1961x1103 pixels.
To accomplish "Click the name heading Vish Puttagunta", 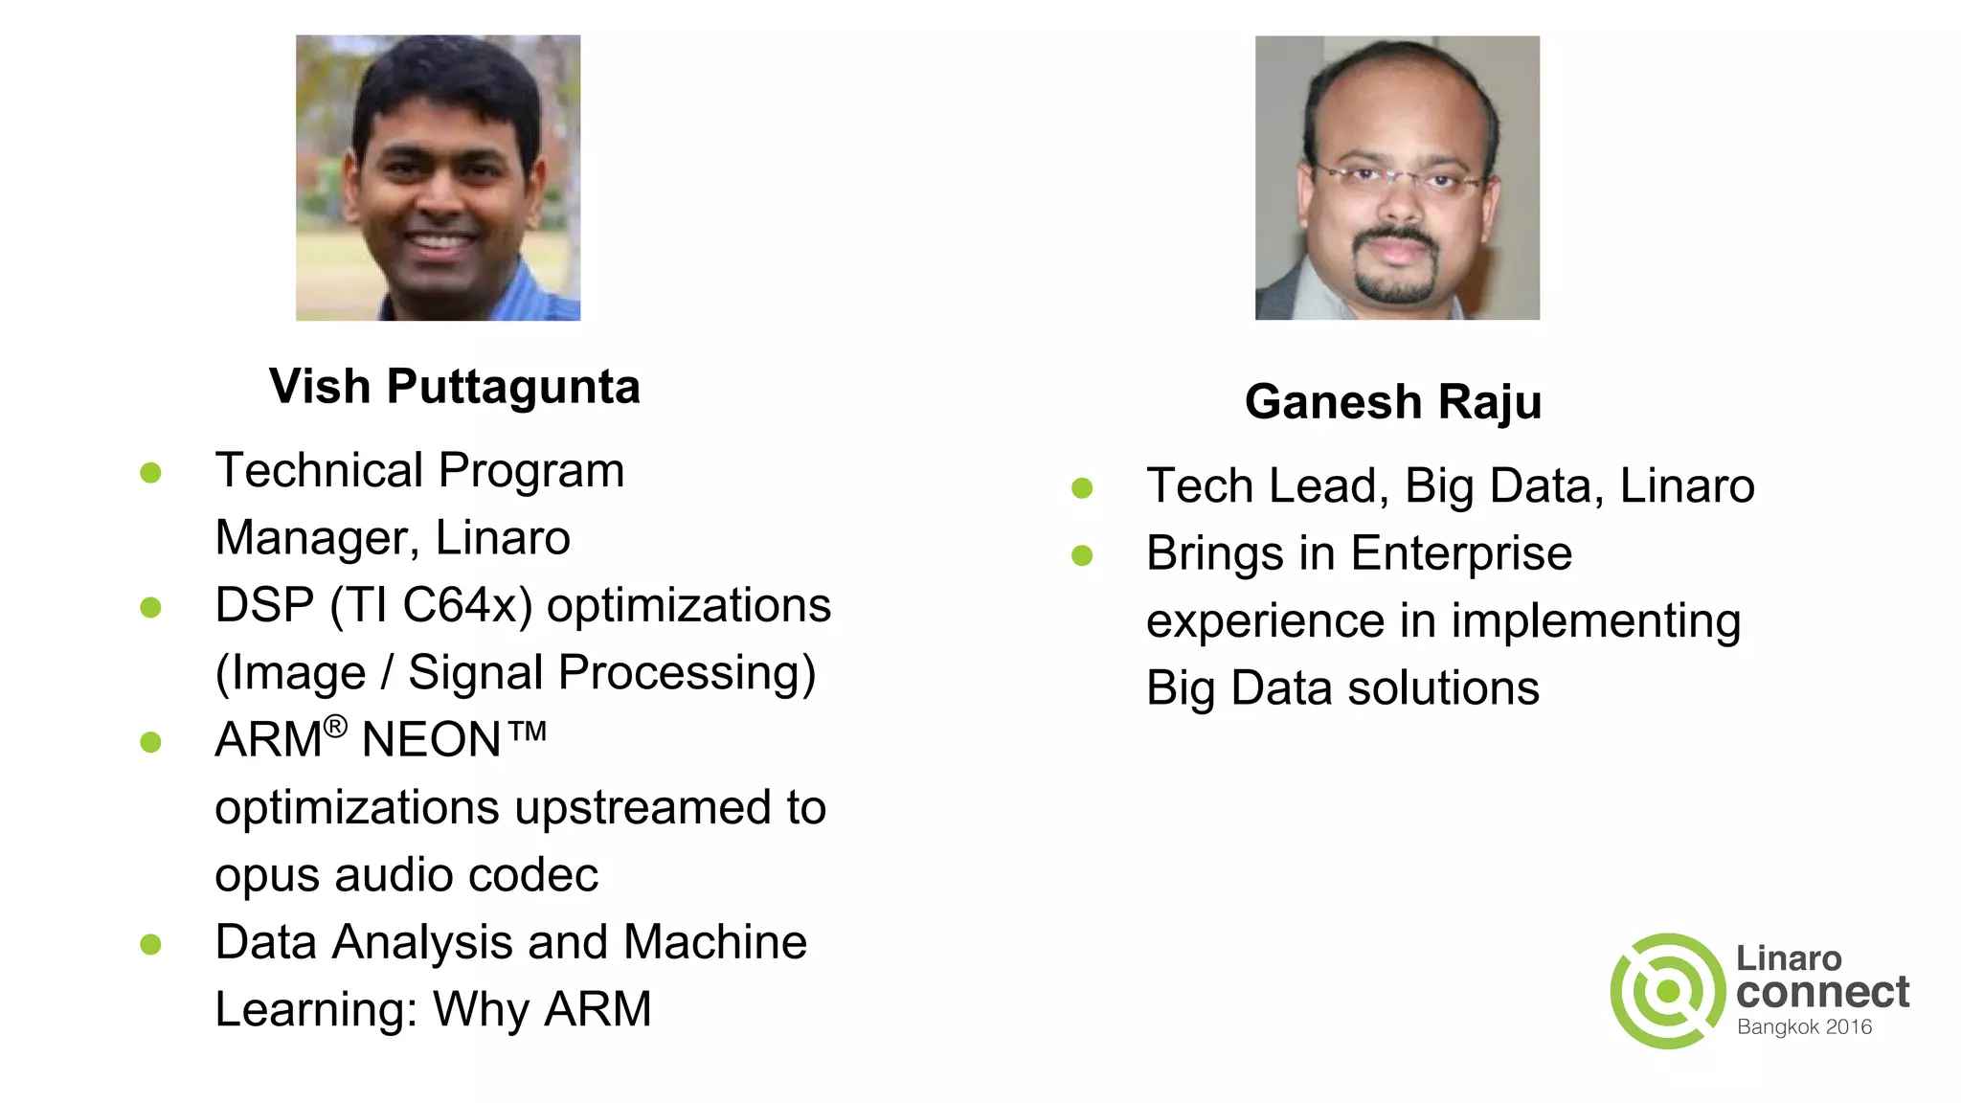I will coord(454,387).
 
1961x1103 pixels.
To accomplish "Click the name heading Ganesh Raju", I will coord(1393,401).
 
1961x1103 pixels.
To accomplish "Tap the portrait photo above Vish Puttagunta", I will coord(438,178).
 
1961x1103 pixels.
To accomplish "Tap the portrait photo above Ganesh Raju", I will coord(1397,178).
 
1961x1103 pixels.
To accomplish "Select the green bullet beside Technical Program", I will coord(150,472).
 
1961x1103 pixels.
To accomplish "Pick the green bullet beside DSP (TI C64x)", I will coord(150,607).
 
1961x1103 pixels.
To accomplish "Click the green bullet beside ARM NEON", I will coord(150,742).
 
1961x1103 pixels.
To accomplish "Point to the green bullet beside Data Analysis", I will coord(150,944).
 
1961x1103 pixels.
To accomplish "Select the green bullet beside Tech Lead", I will coord(1082,488).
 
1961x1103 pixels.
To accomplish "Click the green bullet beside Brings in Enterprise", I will coord(1082,555).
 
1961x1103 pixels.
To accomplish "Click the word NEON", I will coord(431,740).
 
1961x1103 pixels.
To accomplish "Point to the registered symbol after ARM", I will coord(335,727).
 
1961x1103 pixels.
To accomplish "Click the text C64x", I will coord(466,606).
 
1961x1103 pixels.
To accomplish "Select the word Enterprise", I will coord(1461,553).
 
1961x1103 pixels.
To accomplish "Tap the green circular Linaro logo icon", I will coord(1668,991).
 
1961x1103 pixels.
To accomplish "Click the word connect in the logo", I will coord(1822,992).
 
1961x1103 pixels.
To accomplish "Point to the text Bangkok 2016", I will coord(1804,1027).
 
